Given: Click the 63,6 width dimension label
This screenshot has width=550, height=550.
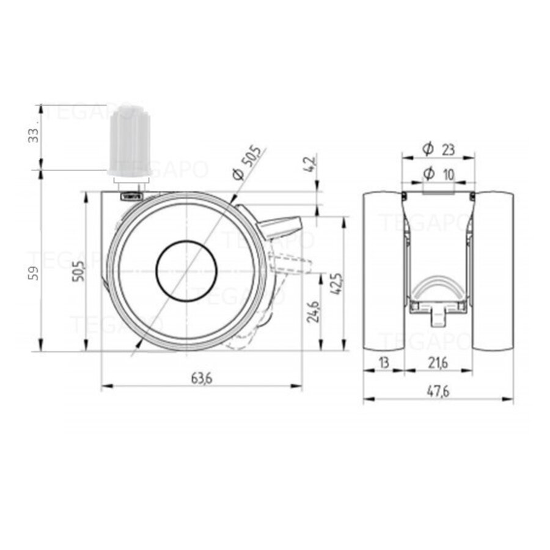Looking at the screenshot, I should click(x=202, y=379).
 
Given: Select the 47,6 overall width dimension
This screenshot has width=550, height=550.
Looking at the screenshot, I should click(x=438, y=392).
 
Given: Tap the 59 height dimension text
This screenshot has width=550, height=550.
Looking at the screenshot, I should click(x=35, y=273).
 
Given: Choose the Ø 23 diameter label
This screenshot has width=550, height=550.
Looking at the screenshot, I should click(x=438, y=148).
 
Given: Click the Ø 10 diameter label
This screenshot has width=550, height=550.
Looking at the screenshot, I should click(x=439, y=174).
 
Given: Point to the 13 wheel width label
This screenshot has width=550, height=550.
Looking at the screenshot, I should click(x=383, y=362).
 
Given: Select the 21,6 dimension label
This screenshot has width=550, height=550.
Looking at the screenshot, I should click(x=438, y=362).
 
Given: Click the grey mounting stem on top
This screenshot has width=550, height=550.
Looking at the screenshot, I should click(x=129, y=141).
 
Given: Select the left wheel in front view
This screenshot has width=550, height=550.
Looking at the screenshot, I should click(x=383, y=272).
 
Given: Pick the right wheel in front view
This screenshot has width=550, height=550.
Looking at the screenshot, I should click(x=494, y=272).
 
